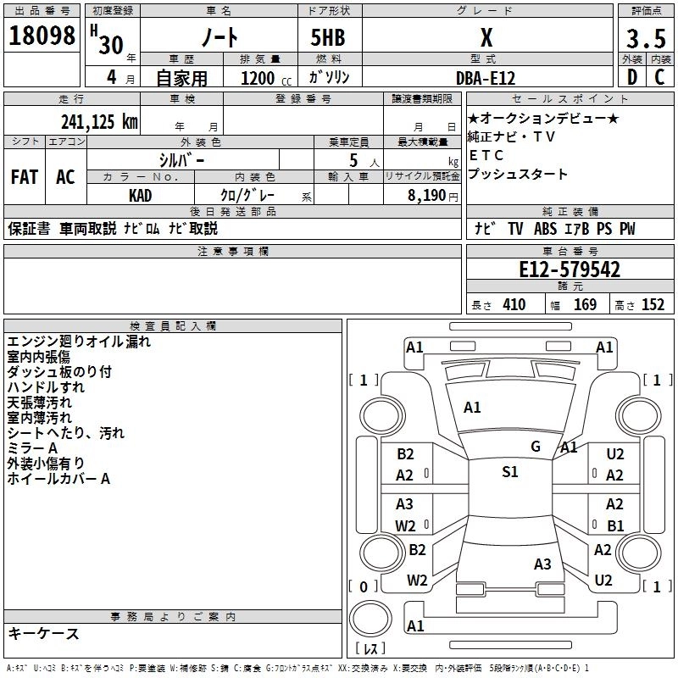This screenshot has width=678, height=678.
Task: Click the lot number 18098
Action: point(42,36)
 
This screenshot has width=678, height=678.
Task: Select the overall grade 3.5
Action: point(646,38)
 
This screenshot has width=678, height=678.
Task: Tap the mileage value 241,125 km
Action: point(99,122)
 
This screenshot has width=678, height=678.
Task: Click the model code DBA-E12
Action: point(486,78)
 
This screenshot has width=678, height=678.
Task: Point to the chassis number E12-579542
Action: point(570,270)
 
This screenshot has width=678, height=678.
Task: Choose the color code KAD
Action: point(140,196)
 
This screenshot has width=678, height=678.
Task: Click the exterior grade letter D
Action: point(632,77)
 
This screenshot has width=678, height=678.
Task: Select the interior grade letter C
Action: point(659,77)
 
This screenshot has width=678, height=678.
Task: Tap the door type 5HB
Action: point(328,37)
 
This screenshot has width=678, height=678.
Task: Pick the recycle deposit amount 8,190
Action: point(426,196)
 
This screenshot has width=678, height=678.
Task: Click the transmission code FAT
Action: point(25,177)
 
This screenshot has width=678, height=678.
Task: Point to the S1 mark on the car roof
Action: point(510,472)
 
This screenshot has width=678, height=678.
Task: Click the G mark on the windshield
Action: point(536,447)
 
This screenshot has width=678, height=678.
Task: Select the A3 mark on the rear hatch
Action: point(542,564)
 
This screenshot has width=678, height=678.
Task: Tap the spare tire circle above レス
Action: point(370,619)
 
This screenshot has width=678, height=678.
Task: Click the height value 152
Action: point(653,305)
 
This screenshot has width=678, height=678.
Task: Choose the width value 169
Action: point(585,305)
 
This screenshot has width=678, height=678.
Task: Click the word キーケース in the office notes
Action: point(43,634)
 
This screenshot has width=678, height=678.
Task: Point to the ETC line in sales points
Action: point(486,155)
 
